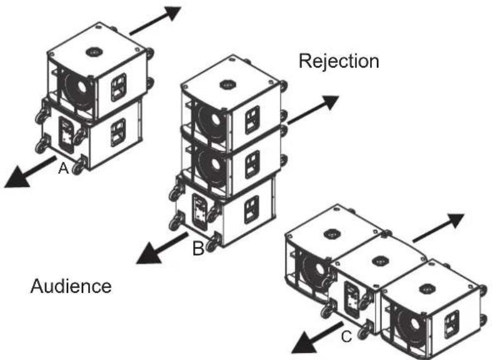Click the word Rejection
click(339, 61)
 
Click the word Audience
click(71, 286)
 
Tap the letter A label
click(64, 168)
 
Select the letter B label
click(198, 248)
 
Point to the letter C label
click(346, 337)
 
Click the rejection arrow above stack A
click(155, 20)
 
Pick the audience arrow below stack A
click(31, 172)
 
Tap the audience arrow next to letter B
click(162, 247)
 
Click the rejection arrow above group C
click(438, 228)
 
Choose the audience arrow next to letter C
click(317, 337)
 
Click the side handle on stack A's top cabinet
click(119, 87)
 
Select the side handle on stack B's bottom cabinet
click(252, 209)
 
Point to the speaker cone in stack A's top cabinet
click(77, 91)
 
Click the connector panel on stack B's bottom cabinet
click(200, 212)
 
